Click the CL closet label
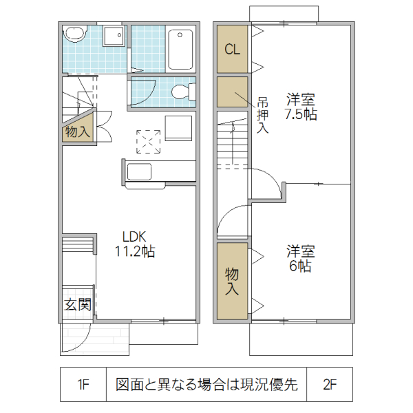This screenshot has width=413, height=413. [x=232, y=50]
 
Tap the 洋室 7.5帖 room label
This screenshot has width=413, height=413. [x=301, y=107]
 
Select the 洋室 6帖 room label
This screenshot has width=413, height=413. [x=300, y=258]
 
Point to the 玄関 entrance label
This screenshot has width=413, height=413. [x=78, y=304]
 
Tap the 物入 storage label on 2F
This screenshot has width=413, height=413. [x=232, y=281]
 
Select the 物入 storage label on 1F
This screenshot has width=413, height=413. [x=77, y=131]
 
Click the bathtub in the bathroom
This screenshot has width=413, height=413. [x=180, y=49]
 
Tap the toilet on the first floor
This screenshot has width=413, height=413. [x=182, y=92]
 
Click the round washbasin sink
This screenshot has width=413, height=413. [x=74, y=35]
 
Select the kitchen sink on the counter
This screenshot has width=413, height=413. [x=140, y=172]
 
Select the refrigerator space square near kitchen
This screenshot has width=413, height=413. [x=178, y=128]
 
